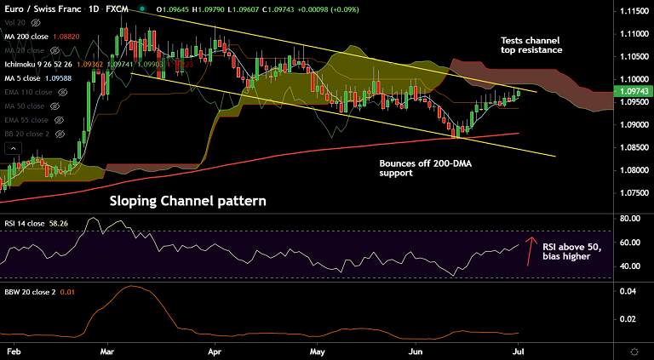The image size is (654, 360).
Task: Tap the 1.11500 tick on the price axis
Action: [631, 11]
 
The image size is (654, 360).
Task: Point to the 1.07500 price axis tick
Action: [631, 192]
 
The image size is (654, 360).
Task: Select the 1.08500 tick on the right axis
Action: [631, 147]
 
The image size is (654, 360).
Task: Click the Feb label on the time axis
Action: [13, 351]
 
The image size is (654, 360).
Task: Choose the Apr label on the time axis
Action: [215, 351]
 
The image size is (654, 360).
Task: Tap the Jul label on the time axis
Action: [518, 351]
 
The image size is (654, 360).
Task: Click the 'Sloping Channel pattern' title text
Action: [187, 202]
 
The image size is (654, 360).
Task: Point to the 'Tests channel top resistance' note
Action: [531, 45]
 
